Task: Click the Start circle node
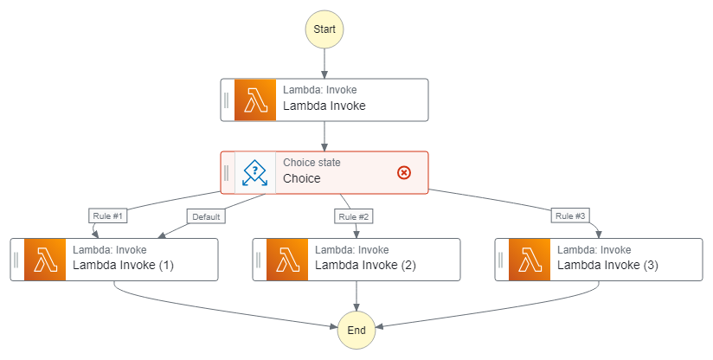coord(324,29)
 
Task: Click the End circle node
coord(356,330)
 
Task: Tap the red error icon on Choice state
coord(403,173)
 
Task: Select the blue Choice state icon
coord(254,173)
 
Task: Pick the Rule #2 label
coord(353,215)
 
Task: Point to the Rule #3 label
coord(570,215)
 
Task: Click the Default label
coord(205,215)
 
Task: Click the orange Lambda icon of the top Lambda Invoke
coord(254,100)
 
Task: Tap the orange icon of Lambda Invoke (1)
coord(45,260)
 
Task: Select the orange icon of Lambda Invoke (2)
coord(287,260)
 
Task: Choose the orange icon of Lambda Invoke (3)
coord(530,260)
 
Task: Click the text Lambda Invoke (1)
coord(123,266)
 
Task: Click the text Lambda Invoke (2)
coord(365,266)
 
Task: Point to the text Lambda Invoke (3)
coord(607,266)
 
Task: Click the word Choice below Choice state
coord(301,179)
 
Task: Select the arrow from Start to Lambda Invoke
coord(324,63)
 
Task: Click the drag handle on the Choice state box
coord(227,173)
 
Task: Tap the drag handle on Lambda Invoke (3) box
coord(501,260)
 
